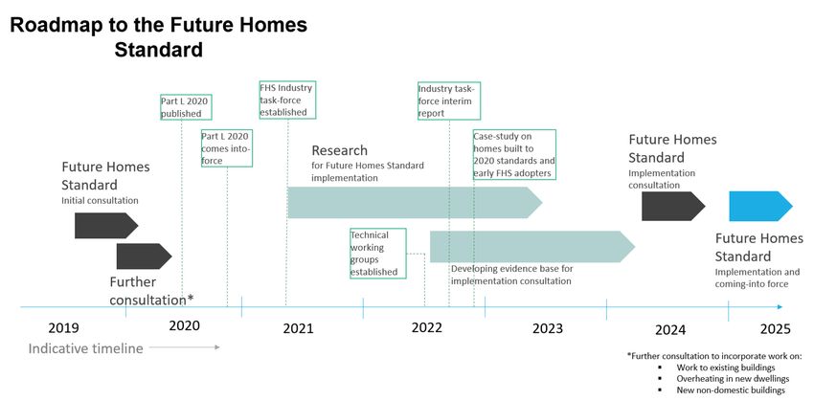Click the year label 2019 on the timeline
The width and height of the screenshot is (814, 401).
[x=64, y=328]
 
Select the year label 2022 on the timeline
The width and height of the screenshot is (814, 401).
[x=427, y=328]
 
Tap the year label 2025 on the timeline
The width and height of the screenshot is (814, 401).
[x=776, y=329]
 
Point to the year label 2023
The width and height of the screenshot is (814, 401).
[x=548, y=329]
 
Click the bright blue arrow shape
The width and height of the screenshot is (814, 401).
[x=760, y=206]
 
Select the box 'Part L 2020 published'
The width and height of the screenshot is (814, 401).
[x=187, y=107]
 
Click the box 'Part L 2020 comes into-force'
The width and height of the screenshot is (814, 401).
[x=227, y=148]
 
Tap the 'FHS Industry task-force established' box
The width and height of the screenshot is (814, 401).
[x=287, y=100]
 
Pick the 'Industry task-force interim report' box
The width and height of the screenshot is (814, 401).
[x=449, y=100]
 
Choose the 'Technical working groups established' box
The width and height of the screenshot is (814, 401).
[x=378, y=254]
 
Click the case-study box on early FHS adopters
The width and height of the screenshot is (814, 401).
[x=514, y=155]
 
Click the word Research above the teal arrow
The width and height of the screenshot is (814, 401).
[x=340, y=150]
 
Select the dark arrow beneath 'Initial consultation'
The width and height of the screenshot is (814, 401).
[x=106, y=225]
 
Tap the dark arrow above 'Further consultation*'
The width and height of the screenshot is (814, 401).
[x=144, y=256]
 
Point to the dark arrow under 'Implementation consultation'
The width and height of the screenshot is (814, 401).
[x=673, y=206]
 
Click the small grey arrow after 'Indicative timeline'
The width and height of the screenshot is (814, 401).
[x=185, y=347]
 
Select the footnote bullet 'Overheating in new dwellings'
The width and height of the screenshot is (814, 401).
[x=733, y=379]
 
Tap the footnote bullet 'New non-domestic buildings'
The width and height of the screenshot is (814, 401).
[x=731, y=390]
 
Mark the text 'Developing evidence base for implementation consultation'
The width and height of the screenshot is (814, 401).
[x=512, y=275]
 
